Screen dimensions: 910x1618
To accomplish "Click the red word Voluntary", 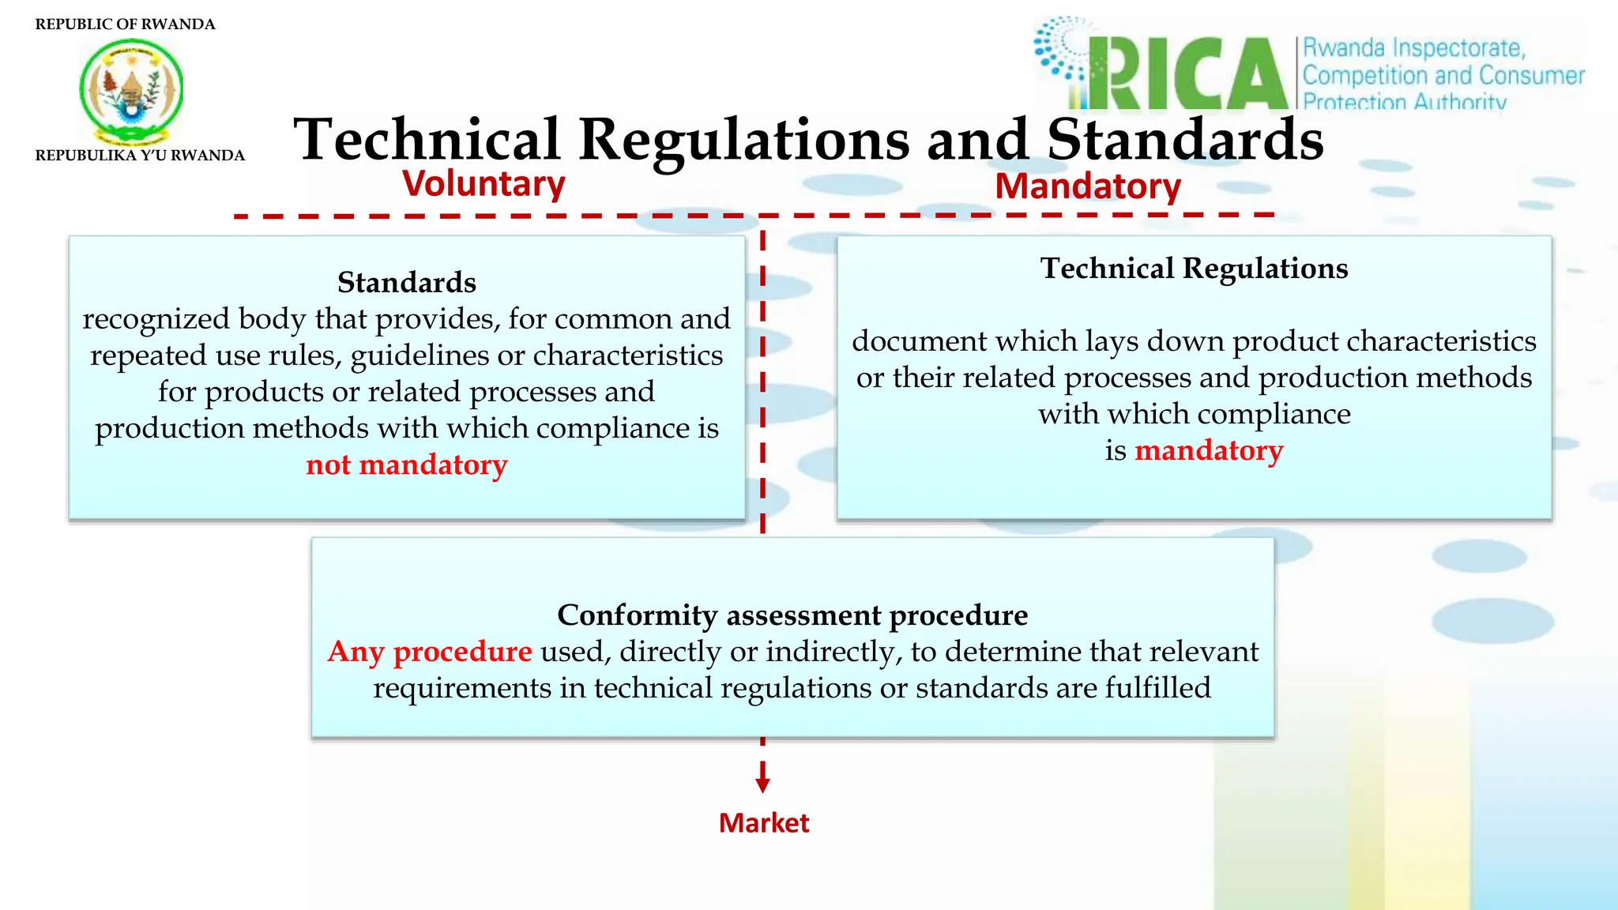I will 484,184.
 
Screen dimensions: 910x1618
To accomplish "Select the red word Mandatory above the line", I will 1087,187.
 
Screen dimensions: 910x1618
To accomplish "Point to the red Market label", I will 764,823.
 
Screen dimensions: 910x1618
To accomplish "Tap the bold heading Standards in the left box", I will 407,282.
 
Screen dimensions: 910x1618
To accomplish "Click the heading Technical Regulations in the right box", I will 1194,269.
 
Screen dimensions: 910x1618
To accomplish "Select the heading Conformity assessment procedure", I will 792,615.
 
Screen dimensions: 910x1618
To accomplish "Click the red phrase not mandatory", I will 407,464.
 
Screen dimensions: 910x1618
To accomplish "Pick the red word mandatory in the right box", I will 1209,450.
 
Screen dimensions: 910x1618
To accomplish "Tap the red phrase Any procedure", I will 430,652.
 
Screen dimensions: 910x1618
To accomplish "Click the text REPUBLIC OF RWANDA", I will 125,24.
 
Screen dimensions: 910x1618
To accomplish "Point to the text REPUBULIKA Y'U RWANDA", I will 140,156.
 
